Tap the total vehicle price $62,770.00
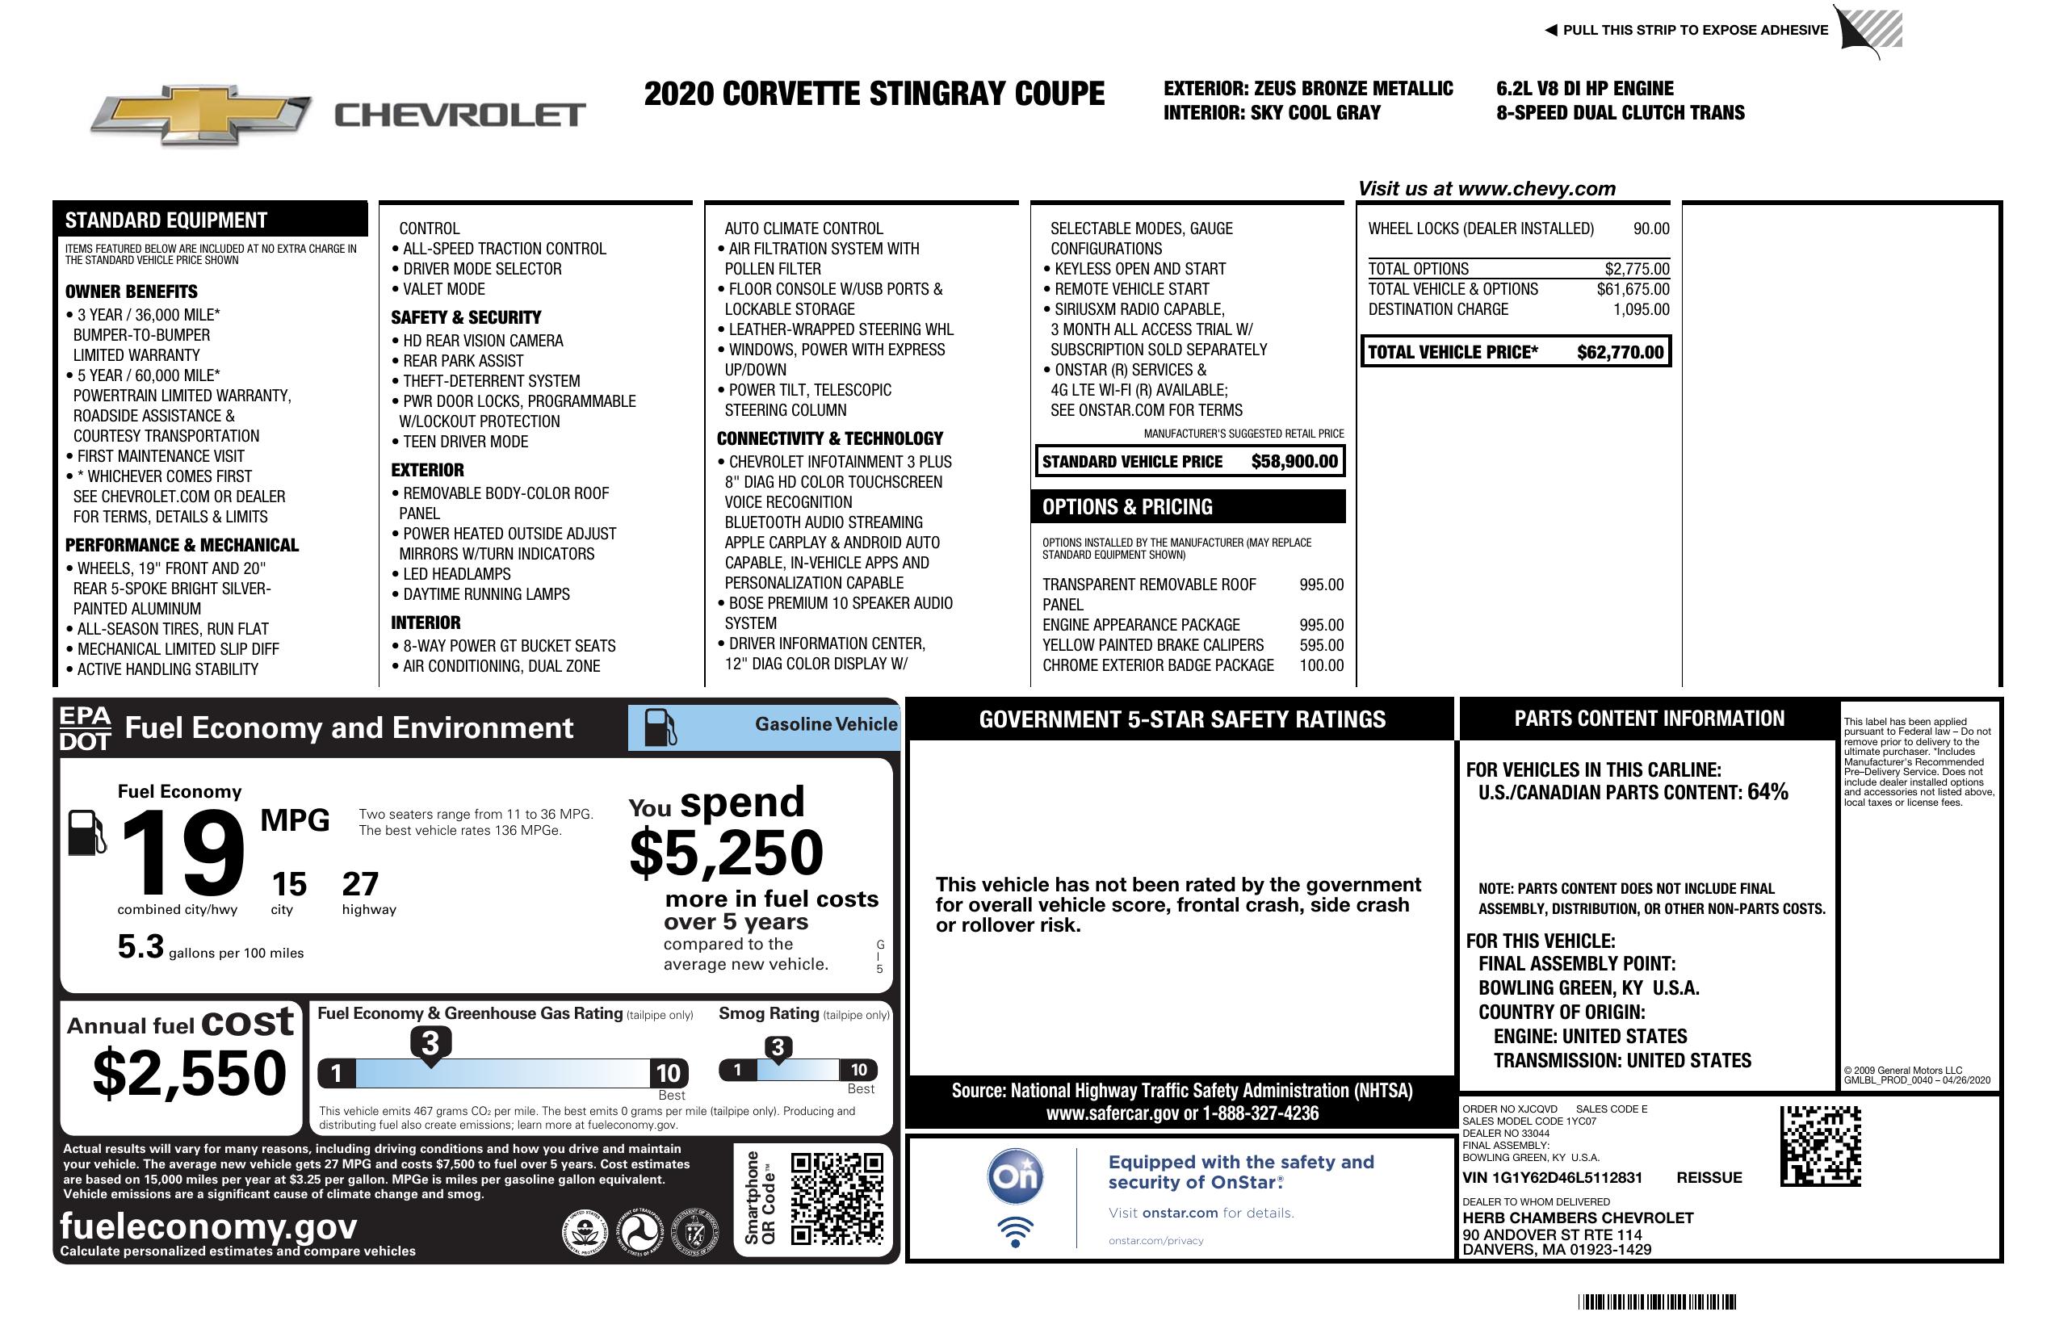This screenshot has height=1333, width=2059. pyautogui.click(x=1620, y=352)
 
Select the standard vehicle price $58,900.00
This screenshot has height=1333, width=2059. pyautogui.click(x=1294, y=462)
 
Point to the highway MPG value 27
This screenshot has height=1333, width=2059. pyautogui.click(x=360, y=884)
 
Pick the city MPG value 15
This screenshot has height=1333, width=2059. pyautogui.click(x=289, y=884)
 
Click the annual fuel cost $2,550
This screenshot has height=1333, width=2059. pyautogui.click(x=190, y=1073)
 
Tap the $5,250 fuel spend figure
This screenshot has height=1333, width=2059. pyautogui.click(x=727, y=853)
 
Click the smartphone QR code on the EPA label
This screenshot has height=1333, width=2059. pyautogui.click(x=837, y=1198)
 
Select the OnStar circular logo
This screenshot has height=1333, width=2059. pyautogui.click(x=1015, y=1176)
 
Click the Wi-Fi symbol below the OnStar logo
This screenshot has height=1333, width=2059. pyautogui.click(x=1015, y=1231)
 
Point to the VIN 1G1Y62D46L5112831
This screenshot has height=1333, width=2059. pyautogui.click(x=1552, y=1177)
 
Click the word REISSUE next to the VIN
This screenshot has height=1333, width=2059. pyautogui.click(x=1709, y=1177)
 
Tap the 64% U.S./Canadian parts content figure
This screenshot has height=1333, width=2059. pyautogui.click(x=1768, y=791)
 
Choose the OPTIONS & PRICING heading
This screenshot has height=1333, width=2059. pyautogui.click(x=1127, y=507)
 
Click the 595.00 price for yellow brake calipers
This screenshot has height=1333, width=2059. pyautogui.click(x=1321, y=645)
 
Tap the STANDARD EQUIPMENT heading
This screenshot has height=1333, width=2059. pyautogui.click(x=166, y=220)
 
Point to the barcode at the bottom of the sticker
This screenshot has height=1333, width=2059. pyautogui.click(x=1656, y=1302)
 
